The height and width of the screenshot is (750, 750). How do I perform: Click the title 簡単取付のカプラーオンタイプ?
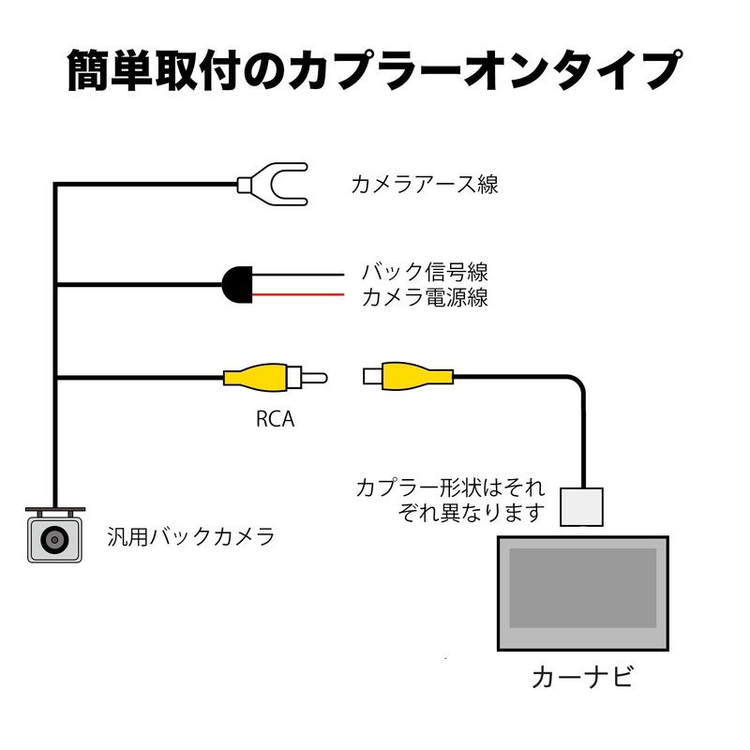pos(373,71)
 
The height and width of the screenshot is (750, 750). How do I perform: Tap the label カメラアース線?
pos(424,183)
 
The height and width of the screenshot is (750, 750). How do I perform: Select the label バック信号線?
pos(425,273)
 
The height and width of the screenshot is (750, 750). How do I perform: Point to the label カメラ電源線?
pos(425,298)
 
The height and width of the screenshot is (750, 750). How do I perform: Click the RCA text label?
pos(275,419)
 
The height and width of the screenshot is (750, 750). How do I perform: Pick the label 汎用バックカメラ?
pos(190,537)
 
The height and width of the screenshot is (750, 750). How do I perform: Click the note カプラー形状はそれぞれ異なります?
pos(450,501)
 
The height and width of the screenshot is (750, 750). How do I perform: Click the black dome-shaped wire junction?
pos(236,284)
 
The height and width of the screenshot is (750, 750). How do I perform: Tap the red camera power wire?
pos(300,295)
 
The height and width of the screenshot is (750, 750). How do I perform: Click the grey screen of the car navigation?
pos(582,588)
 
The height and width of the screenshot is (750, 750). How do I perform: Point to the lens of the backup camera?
pos(54,540)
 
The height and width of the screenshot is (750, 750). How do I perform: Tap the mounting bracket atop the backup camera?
pos(54,511)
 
